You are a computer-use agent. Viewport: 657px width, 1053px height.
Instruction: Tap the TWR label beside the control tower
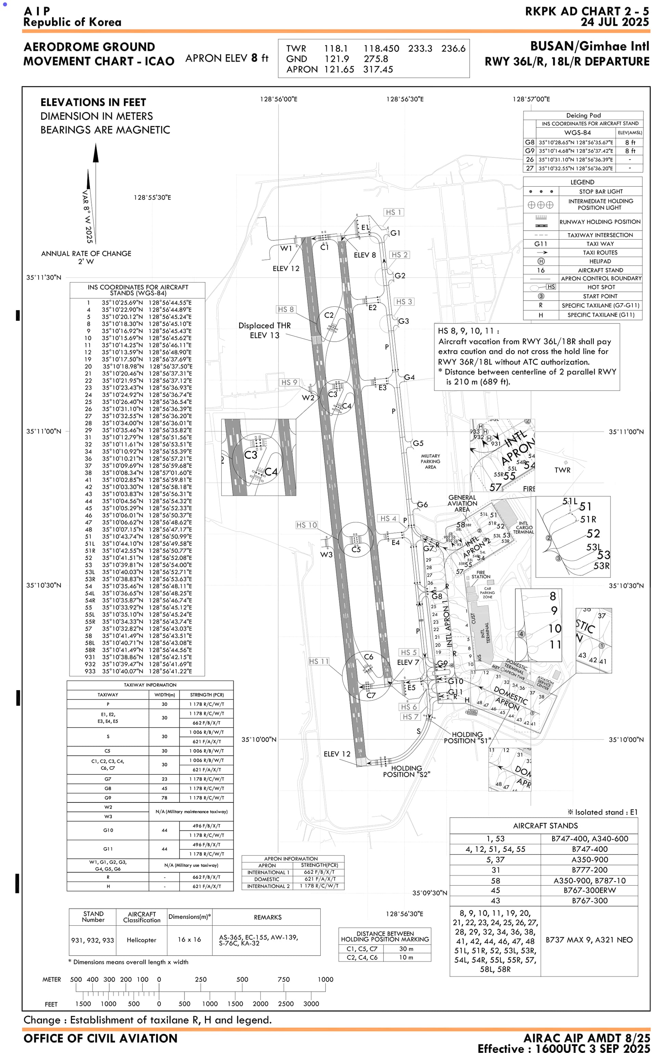tap(562, 470)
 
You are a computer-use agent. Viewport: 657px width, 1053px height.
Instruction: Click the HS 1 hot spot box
tap(394, 212)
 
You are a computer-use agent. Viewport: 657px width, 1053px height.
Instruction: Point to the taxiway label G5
tap(418, 443)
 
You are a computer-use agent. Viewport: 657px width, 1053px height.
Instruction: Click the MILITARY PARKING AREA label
tap(430, 461)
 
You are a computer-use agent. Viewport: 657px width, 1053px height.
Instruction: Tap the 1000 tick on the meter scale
tap(325, 979)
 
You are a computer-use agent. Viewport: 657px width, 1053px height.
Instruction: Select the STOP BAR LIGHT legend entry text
tap(601, 191)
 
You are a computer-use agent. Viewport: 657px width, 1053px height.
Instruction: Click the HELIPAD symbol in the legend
tap(541, 261)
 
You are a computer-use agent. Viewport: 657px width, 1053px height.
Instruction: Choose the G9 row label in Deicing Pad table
tap(529, 151)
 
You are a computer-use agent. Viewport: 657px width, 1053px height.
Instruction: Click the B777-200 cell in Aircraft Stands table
tap(590, 870)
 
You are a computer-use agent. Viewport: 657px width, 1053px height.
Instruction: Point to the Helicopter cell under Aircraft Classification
tap(141, 940)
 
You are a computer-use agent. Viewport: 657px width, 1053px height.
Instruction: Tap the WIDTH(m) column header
tap(164, 695)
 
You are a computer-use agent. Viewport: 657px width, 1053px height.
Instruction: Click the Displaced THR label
tap(265, 326)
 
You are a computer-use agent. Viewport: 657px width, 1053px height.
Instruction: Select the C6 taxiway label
tap(369, 657)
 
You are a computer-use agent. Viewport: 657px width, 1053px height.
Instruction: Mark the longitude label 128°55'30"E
tap(152, 197)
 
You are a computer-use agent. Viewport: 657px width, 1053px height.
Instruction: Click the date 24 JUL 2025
tap(615, 22)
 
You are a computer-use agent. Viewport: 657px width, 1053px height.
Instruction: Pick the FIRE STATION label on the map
tap(480, 574)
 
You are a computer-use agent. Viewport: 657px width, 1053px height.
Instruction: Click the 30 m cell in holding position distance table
tap(406, 949)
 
